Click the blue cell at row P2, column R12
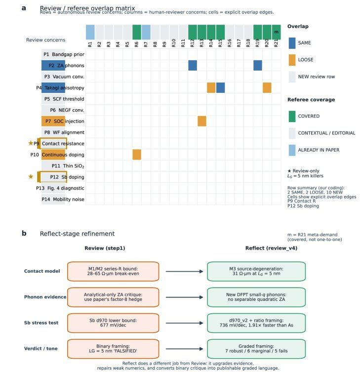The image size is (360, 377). tap(193, 65)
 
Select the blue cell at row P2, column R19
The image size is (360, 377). tap(258, 65)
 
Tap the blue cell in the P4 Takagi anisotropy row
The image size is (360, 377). tap(220, 88)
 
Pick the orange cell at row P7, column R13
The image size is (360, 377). tap(202, 121)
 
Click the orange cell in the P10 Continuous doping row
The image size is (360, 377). tap(137, 155)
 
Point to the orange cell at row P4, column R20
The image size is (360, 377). tap(267, 88)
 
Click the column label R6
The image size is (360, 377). tap(136, 44)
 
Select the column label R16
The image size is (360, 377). tap(230, 43)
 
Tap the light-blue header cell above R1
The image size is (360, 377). tap(90, 32)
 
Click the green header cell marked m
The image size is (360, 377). tap(277, 32)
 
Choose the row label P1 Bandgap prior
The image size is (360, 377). tap(64, 54)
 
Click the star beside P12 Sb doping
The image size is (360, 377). tap(31, 176)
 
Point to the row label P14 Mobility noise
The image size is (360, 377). tap(63, 199)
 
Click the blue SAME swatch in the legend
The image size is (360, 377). tap(292, 43)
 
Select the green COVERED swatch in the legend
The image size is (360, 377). tap(292, 117)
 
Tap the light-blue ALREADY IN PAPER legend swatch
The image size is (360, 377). tap(292, 150)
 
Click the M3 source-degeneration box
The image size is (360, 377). tap(256, 271)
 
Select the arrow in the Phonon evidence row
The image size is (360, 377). tap(184, 297)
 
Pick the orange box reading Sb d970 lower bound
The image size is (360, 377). tap(113, 323)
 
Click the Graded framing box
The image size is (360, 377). tap(256, 349)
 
